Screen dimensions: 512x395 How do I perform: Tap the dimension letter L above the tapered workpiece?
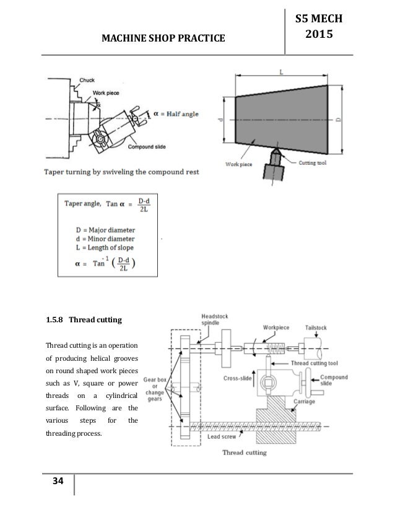tap(282, 73)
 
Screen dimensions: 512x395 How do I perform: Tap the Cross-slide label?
tap(236, 377)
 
